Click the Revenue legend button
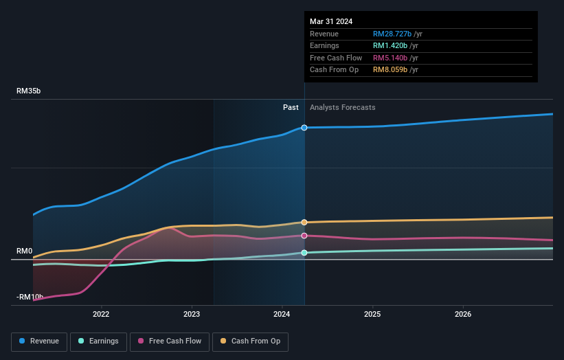click(39, 341)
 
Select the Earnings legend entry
click(98, 341)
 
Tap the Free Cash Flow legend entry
click(171, 341)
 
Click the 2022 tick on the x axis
click(101, 315)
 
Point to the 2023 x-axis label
click(192, 315)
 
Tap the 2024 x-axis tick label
click(282, 315)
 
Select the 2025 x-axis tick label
click(372, 315)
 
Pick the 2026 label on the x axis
click(463, 315)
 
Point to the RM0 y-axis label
click(25, 251)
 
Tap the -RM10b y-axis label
click(30, 297)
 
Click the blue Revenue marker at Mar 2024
click(304, 128)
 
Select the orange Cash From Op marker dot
click(304, 222)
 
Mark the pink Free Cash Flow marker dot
click(304, 236)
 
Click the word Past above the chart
click(291, 107)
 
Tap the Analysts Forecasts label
click(343, 107)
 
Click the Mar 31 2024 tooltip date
click(331, 21)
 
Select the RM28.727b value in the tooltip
click(392, 34)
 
